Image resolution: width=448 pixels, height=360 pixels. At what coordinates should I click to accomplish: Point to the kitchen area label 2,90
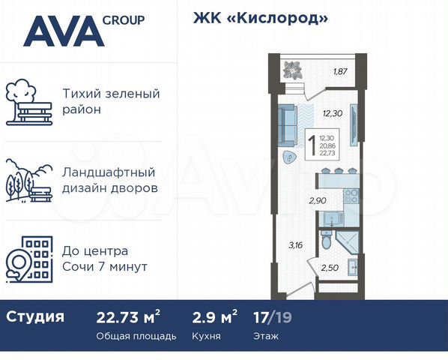coord(318,200)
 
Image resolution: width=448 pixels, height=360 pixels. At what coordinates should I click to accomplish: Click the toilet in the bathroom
coord(326,241)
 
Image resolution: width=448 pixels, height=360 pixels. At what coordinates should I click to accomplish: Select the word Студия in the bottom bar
coord(35,316)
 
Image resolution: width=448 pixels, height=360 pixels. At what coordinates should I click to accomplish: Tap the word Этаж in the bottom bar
coord(266,336)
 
